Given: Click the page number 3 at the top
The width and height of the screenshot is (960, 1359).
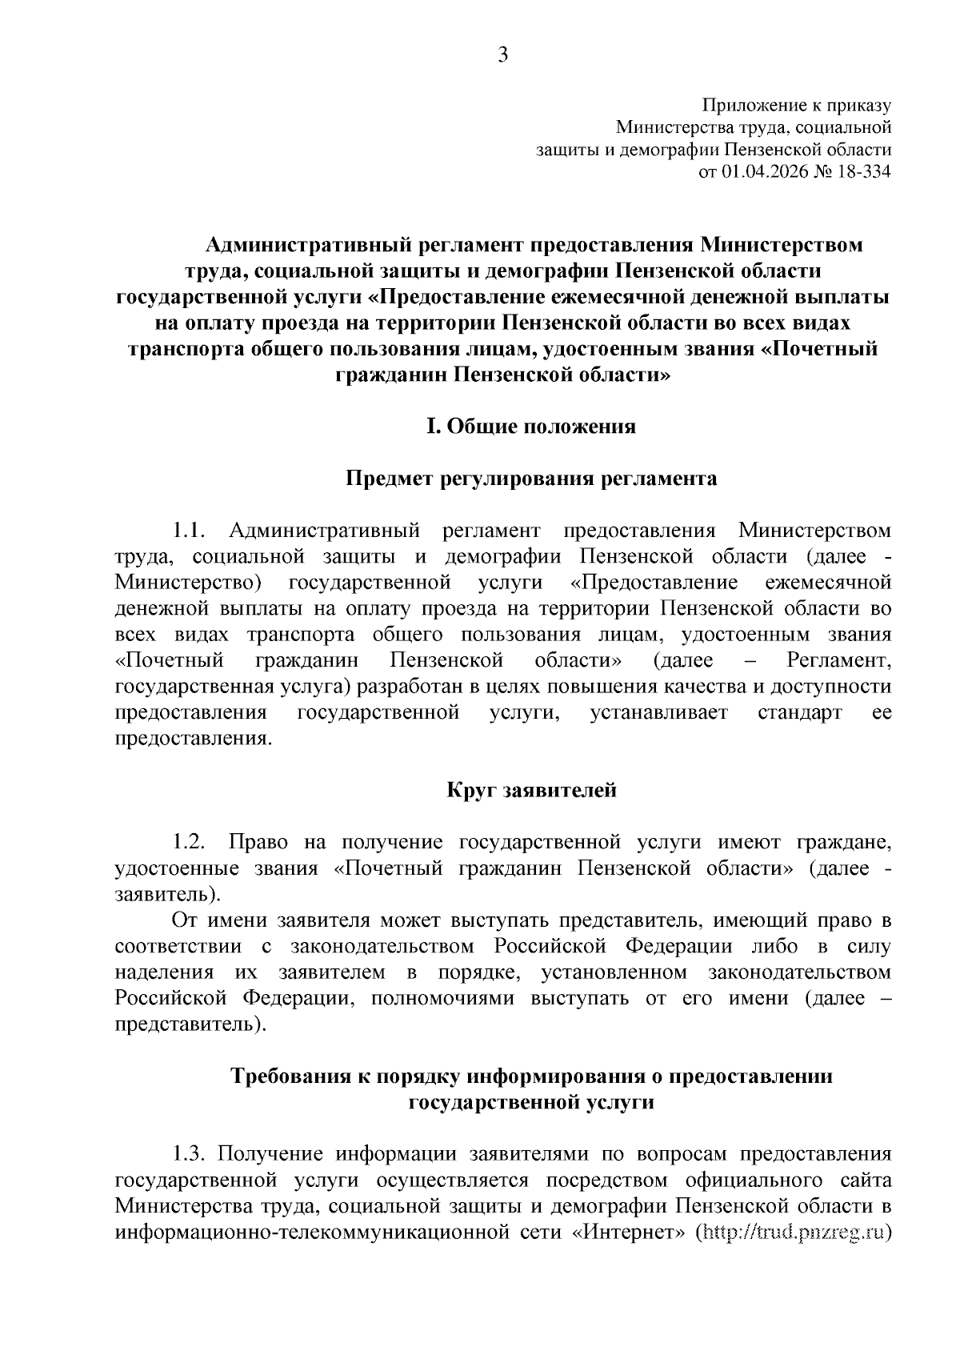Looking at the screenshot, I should pyautogui.click(x=502, y=54).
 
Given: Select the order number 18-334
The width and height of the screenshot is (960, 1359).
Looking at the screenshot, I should pyautogui.click(x=863, y=171).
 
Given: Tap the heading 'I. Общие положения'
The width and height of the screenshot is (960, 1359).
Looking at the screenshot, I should pyautogui.click(x=530, y=427).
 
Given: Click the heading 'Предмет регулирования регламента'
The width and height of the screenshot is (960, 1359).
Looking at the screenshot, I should pyautogui.click(x=530, y=479).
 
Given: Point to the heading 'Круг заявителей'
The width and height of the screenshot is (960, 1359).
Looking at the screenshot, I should pyautogui.click(x=531, y=791).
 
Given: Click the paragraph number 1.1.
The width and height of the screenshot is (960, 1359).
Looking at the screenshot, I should pyautogui.click(x=190, y=531).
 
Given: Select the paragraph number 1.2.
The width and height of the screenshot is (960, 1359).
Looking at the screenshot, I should pyautogui.click(x=190, y=842).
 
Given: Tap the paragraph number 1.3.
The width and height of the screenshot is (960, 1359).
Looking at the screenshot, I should pyautogui.click(x=190, y=1154).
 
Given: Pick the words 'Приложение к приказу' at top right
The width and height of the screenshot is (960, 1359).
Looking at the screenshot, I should pyautogui.click(x=796, y=105).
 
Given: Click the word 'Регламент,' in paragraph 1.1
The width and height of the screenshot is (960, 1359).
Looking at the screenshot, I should pyautogui.click(x=838, y=661).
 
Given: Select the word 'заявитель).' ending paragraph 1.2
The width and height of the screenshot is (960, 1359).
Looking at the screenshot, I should pyautogui.click(x=165, y=894).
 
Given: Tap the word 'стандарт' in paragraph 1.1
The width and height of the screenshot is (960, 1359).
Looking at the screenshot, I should pyautogui.click(x=799, y=713).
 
